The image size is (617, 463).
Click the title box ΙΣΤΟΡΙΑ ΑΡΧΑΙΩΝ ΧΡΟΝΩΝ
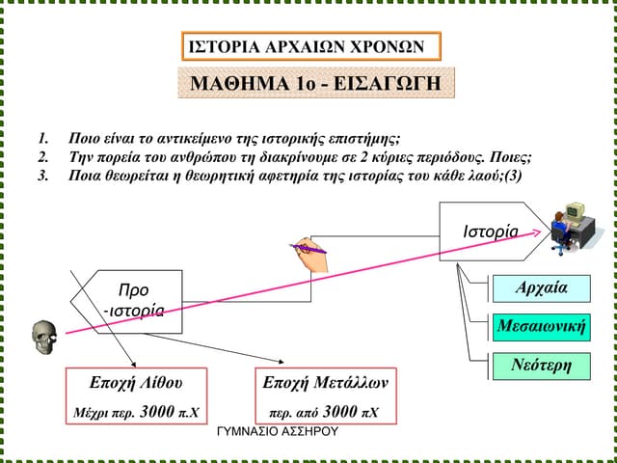coord(310,46)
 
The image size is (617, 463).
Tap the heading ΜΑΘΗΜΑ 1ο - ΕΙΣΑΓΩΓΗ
coord(316,84)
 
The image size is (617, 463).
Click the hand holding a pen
coord(308,249)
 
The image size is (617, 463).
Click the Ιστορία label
coord(491,231)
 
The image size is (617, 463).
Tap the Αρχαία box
coord(541,288)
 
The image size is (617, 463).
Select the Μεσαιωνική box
coord(541,327)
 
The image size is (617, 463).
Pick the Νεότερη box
coord(541,366)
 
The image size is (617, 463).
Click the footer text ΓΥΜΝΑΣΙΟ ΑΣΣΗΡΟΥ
coord(279,431)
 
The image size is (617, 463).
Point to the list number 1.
coord(42,138)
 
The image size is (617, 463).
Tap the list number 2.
coord(42,157)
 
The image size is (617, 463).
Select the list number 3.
coord(42,177)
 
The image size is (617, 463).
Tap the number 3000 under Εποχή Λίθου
coord(156,412)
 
